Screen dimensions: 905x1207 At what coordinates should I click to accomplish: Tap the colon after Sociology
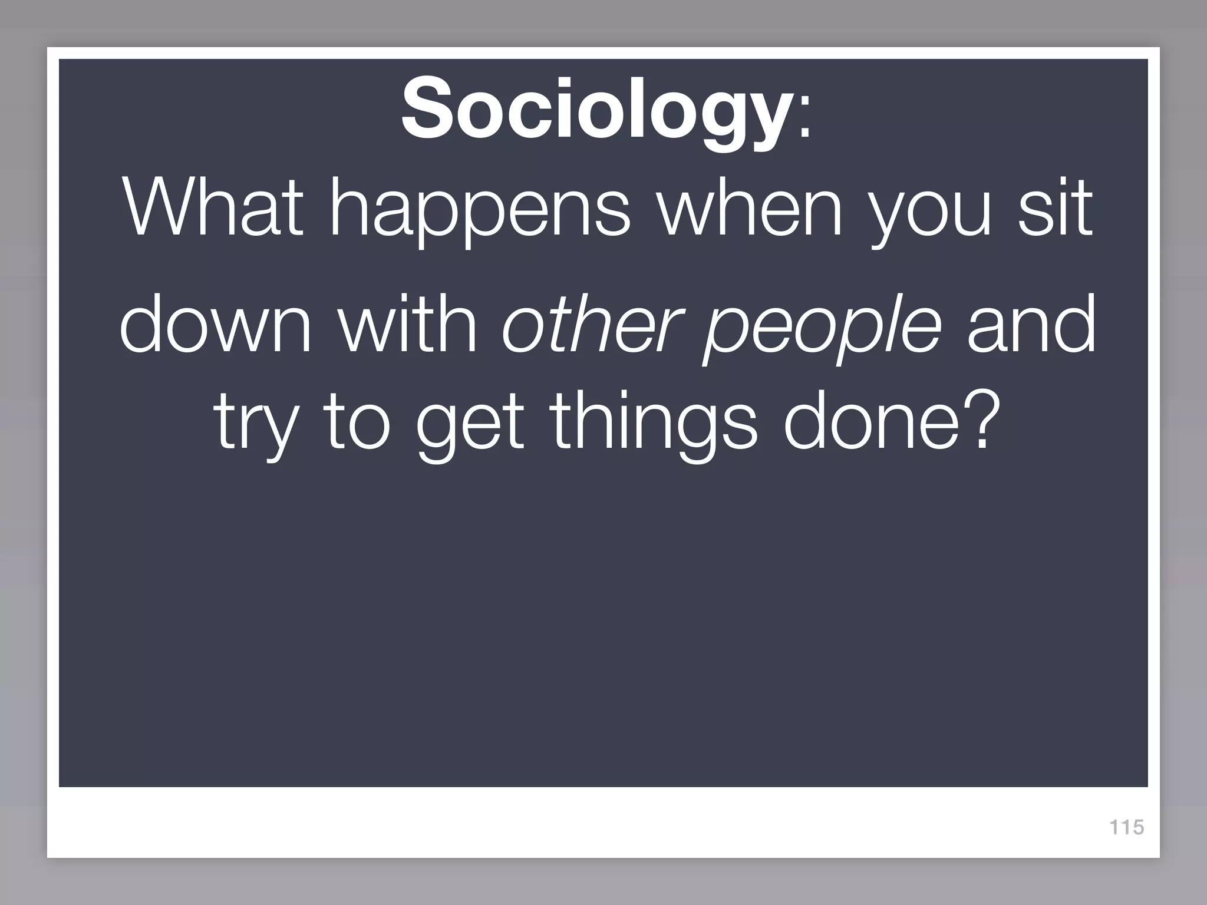click(x=804, y=121)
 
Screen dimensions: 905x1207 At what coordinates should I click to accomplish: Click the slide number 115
click(x=1126, y=827)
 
